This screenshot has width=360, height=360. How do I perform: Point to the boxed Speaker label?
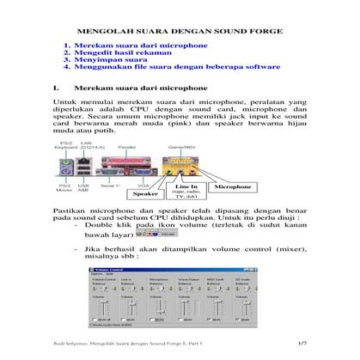pyautogui.click(x=144, y=194)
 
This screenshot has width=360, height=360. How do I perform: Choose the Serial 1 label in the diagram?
pyautogui.click(x=110, y=184)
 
